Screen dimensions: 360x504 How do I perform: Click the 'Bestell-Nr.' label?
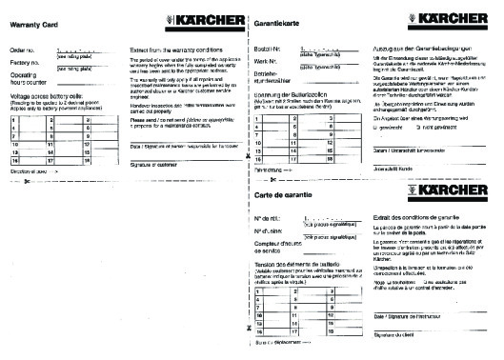[x=267, y=47]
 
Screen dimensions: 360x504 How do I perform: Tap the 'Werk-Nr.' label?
[x=265, y=60]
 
